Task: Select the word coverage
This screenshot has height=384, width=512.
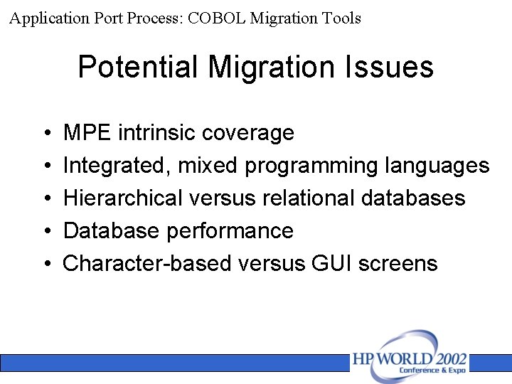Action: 248,133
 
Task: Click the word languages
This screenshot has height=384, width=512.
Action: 437,166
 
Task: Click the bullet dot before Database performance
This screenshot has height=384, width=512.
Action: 46,232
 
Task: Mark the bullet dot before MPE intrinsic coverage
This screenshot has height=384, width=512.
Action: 46,134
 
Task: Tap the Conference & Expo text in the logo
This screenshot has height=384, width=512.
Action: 432,370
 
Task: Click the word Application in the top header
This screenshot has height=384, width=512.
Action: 49,18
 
